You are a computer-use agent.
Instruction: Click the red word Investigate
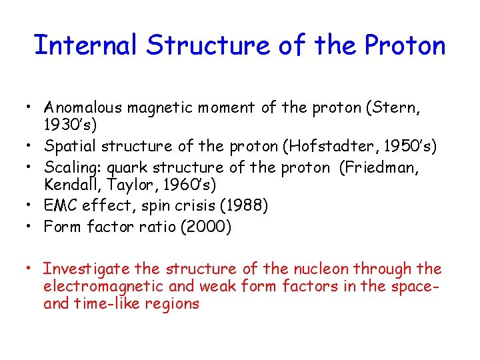[85, 269]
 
